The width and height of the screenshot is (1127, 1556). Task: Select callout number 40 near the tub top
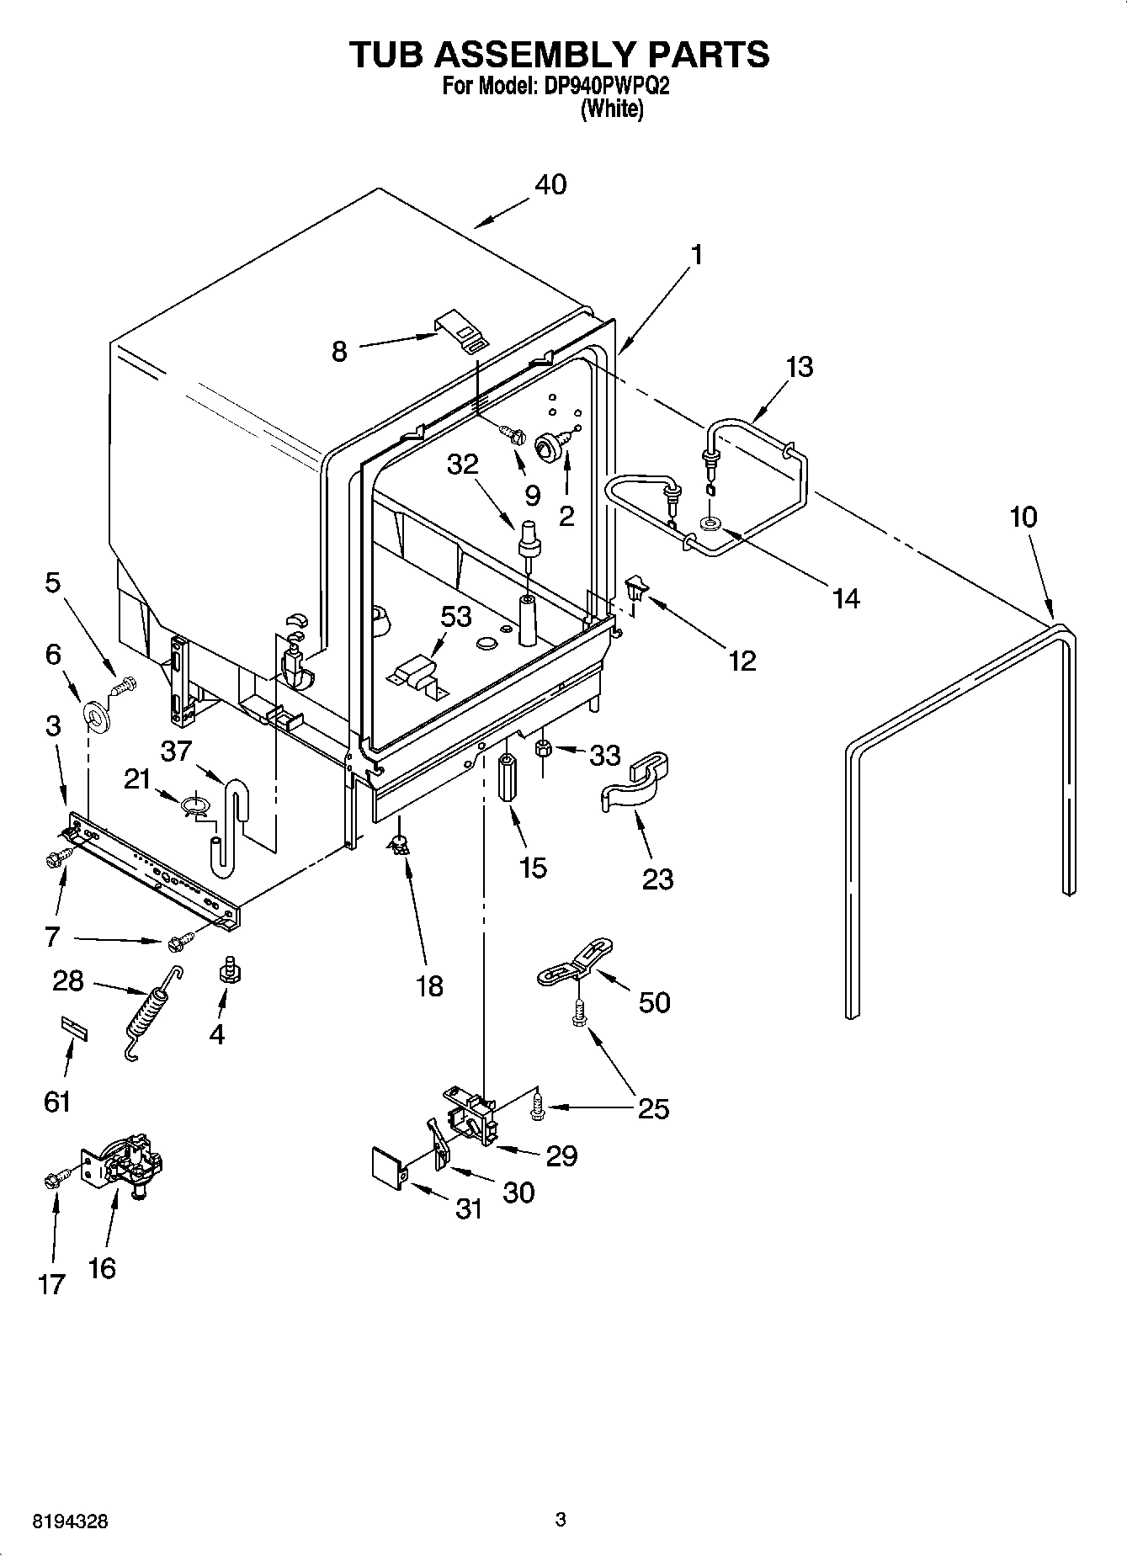[x=550, y=184]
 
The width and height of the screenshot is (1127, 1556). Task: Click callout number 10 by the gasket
[x=1023, y=517]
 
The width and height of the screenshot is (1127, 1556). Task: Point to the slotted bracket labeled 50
[x=574, y=964]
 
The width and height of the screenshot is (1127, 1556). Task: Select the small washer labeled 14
[x=710, y=524]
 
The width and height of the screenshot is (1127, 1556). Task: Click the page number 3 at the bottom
[x=560, y=1520]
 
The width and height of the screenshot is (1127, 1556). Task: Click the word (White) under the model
[x=612, y=109]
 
